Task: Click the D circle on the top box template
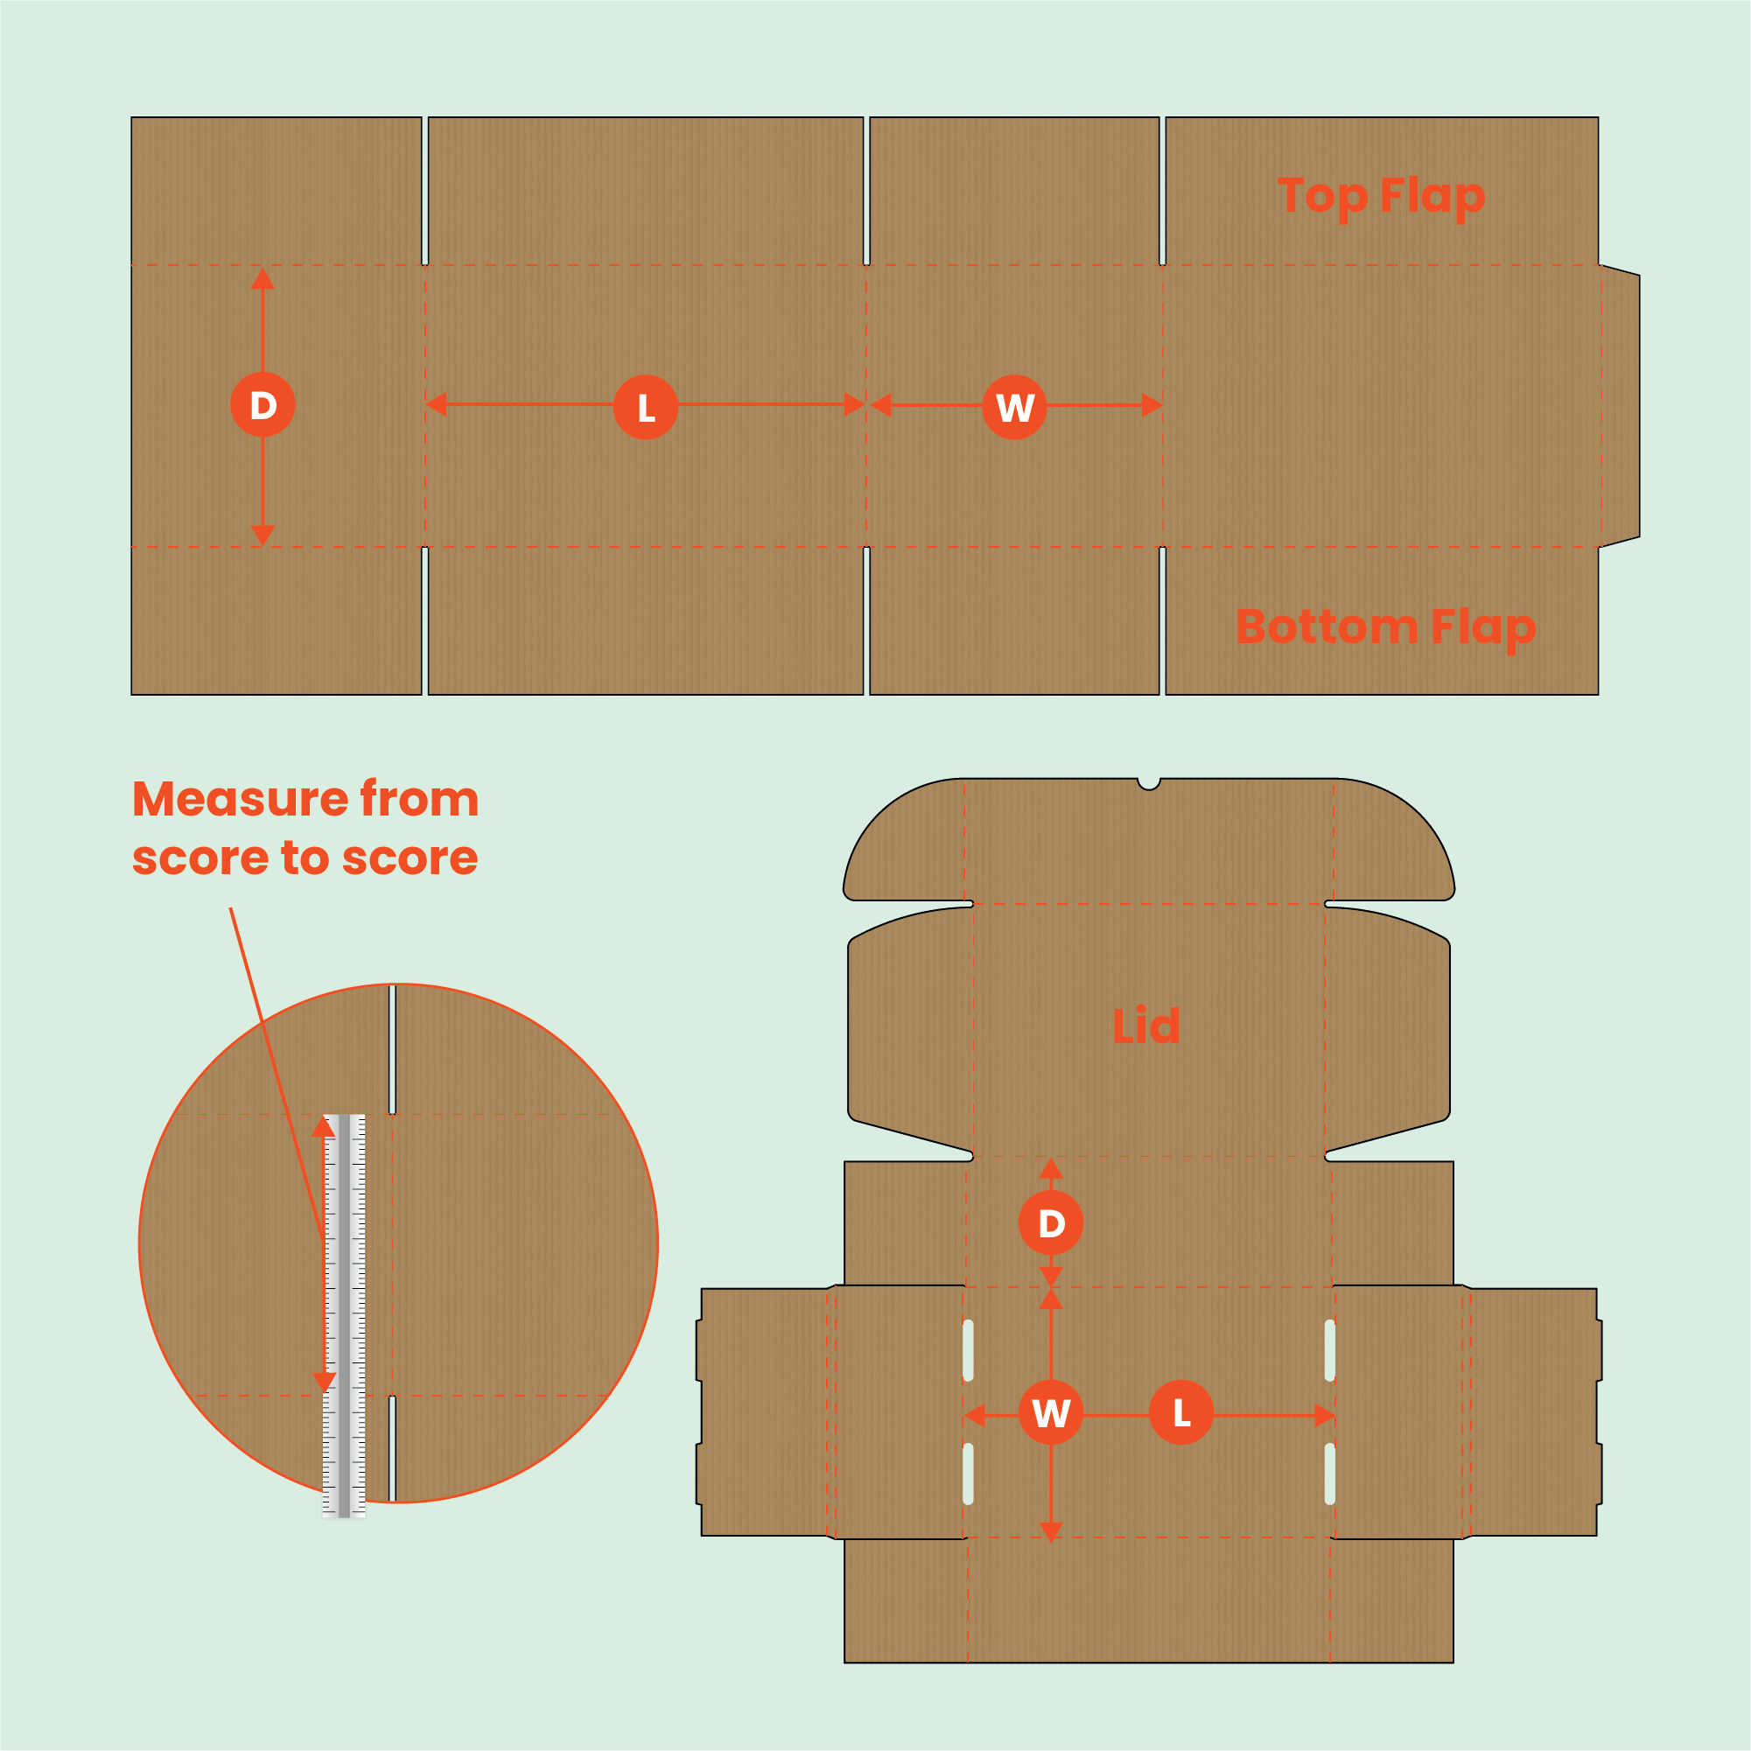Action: pos(263,404)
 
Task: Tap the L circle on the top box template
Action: pos(645,407)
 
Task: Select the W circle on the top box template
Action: pos(1014,407)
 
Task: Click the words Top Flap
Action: pos(1380,196)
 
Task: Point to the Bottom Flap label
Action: pos(1385,627)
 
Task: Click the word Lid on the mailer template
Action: pos(1145,1026)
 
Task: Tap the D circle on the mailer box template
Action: pos(1050,1223)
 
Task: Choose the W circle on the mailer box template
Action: pos(1050,1413)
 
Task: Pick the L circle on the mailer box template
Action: pos(1181,1412)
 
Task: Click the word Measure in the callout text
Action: pos(239,800)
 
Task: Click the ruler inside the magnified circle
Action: pos(345,1314)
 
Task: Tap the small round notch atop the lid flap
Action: pos(1148,783)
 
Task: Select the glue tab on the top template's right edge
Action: pos(1621,406)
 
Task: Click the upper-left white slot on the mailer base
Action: pos(968,1350)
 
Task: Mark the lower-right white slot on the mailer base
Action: pos(1329,1474)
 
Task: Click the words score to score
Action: pos(305,858)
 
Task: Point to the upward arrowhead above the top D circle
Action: pos(263,279)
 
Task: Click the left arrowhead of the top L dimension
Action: pos(436,404)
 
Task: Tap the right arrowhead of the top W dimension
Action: pos(1151,405)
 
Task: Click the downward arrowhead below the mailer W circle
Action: pos(1050,1531)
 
